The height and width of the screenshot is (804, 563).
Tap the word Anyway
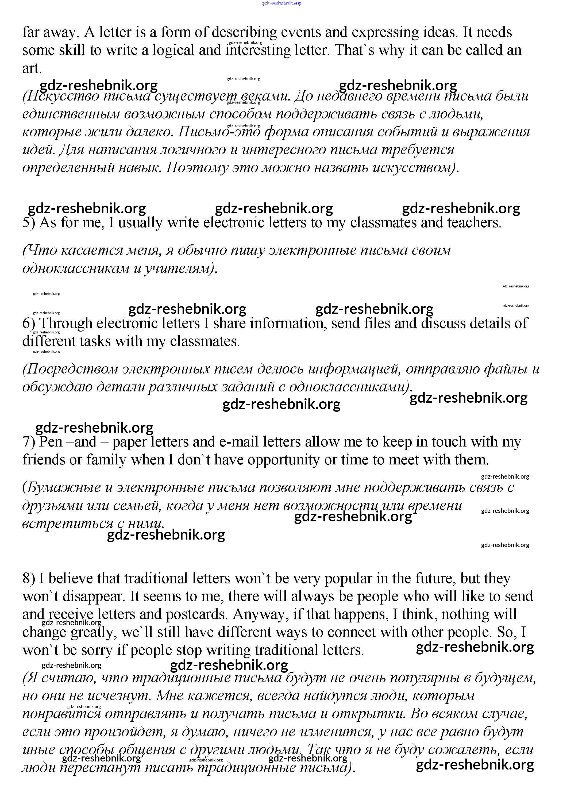(259, 614)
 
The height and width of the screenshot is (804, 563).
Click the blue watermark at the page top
(281, 3)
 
